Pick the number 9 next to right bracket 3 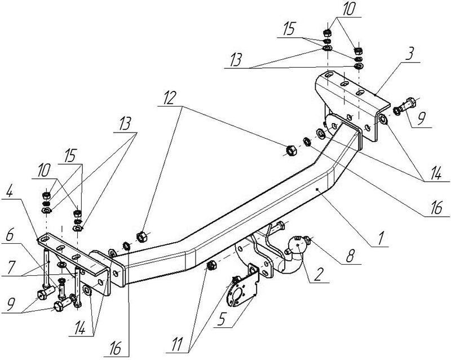coord(421,120)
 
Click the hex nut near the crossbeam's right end coord(292,149)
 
